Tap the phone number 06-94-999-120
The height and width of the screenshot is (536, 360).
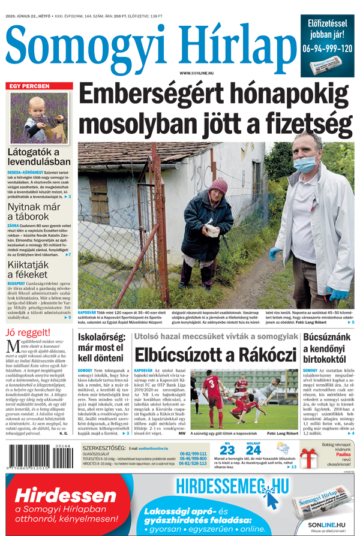pos(328,49)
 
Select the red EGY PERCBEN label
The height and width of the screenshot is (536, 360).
pos(28,86)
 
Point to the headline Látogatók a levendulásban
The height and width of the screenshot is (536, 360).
pos(39,157)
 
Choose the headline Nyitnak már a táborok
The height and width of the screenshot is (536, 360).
pos(37,211)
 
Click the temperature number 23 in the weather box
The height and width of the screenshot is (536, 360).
pos(227,450)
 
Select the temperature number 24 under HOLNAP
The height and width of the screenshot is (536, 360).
pos(253,450)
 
